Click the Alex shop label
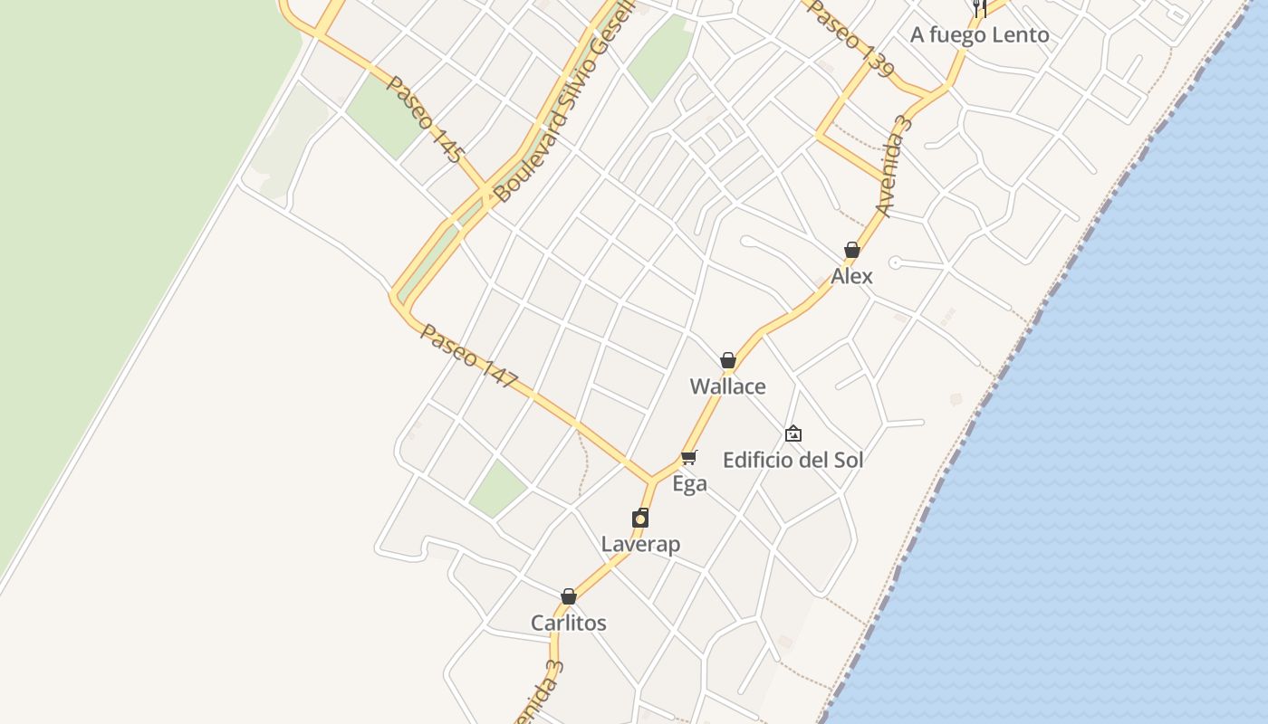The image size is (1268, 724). [x=852, y=276]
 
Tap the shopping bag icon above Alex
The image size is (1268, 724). [x=852, y=250]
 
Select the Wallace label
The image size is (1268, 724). [x=727, y=386]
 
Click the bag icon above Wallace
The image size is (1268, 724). [x=727, y=360]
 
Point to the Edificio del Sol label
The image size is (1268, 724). [x=792, y=460]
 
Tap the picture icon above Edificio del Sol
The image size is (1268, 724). [x=793, y=433]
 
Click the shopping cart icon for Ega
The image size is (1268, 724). [x=689, y=457]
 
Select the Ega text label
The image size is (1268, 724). [x=689, y=484]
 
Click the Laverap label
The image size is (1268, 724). [x=640, y=544]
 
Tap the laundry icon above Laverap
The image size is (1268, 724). [x=640, y=518]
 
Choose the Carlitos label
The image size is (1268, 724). [x=569, y=623]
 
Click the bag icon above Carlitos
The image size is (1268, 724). [x=569, y=596]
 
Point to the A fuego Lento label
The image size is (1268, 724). [x=980, y=35]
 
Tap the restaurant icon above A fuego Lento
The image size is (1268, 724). [x=979, y=8]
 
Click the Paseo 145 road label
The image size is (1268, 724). [x=425, y=119]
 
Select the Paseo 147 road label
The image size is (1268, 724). [x=467, y=358]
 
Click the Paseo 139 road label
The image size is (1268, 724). [x=851, y=38]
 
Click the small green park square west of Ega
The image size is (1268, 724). [x=497, y=488]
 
